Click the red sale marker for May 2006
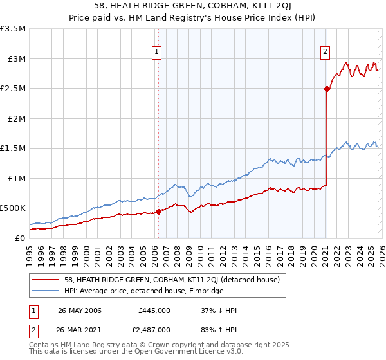[158, 212]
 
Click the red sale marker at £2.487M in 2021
[327, 89]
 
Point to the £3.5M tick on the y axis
[14, 30]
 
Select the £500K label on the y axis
[14, 208]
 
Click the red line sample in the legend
[45, 280]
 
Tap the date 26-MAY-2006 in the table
[80, 310]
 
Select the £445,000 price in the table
[154, 310]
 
